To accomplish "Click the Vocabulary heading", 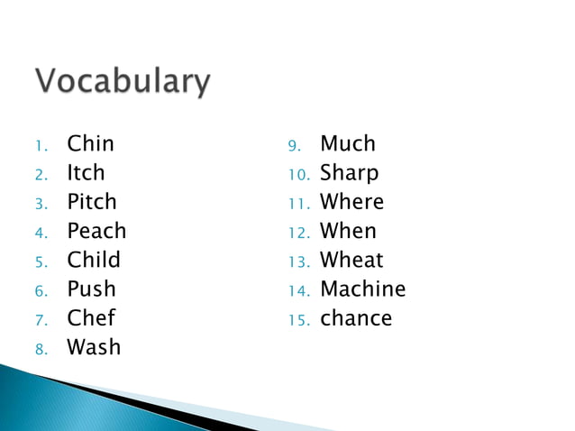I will click(123, 83).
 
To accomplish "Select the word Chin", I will click(91, 143).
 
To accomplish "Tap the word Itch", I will click(86, 172).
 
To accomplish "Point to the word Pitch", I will click(92, 202).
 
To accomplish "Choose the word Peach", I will click(96, 231).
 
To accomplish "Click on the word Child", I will click(94, 260).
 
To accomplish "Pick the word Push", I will click(91, 289).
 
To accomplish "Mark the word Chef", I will click(91, 318).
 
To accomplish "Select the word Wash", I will click(94, 347).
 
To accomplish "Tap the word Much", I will click(348, 143).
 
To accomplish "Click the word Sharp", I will click(349, 172).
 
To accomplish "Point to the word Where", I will click(351, 202).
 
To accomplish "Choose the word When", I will click(348, 231).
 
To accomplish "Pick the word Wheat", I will click(351, 260).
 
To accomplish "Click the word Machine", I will click(363, 289).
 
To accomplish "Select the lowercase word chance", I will click(356, 318).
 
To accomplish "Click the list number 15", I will click(297, 320).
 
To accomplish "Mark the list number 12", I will click(297, 233).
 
